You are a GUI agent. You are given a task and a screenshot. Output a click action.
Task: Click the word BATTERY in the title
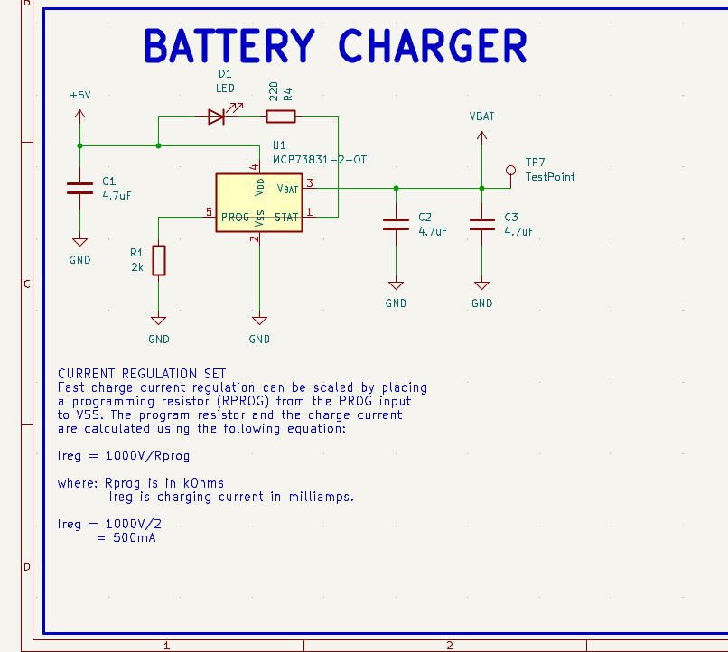coord(229,47)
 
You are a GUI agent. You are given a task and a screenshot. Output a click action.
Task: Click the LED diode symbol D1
coord(218,116)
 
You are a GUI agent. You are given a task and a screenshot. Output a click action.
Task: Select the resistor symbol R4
coord(280,116)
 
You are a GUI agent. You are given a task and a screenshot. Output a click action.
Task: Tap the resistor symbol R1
coord(159,260)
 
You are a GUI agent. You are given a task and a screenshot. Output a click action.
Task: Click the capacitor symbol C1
coord(79,188)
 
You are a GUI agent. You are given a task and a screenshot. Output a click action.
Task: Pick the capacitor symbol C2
coord(396,224)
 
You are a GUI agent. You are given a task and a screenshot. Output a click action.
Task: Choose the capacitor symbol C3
coord(481,224)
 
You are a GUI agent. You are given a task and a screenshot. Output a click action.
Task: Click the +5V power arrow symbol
coord(79,115)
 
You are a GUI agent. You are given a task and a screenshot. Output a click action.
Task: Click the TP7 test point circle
coord(510,170)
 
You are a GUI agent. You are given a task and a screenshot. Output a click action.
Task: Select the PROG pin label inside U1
coord(235,217)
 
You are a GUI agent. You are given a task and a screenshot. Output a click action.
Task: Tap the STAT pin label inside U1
coord(286,217)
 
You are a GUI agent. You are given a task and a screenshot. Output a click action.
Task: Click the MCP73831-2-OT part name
coord(320,159)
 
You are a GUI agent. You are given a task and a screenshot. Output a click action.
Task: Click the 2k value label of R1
coord(136,267)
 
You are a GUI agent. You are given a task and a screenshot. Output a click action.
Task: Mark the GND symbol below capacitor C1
coord(79,242)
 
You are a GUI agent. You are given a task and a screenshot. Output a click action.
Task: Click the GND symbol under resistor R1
coord(159,321)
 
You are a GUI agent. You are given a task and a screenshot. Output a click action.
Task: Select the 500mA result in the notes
coord(134,538)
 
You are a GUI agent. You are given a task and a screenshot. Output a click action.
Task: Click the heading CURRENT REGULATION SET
coord(142,373)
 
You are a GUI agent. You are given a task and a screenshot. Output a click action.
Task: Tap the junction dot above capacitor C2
coord(396,188)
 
